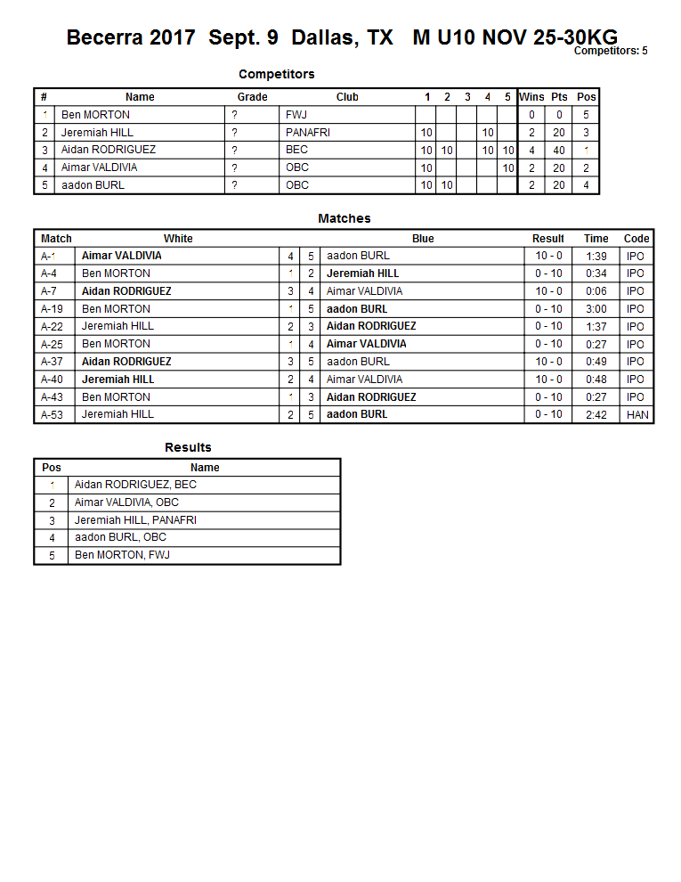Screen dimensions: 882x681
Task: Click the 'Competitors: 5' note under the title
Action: coord(611,51)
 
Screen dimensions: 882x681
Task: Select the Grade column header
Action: coord(252,97)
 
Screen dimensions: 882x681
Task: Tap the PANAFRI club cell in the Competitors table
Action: coord(308,132)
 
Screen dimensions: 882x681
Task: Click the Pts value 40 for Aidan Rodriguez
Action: coord(559,150)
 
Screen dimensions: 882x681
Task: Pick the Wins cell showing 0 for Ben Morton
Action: coord(531,115)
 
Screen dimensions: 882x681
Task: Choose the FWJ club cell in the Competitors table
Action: coord(296,115)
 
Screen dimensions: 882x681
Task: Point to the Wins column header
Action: coord(531,97)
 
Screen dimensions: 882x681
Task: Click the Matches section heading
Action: coord(344,218)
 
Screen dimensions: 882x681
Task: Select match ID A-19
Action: coord(53,309)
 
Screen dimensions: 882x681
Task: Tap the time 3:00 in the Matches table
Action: coord(596,309)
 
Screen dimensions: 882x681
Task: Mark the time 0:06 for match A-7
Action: coord(596,291)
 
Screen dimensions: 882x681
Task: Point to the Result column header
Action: coord(548,239)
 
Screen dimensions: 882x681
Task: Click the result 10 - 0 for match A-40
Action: coord(548,380)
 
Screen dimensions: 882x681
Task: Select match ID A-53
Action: coord(53,414)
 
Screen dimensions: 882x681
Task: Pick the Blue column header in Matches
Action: coord(423,239)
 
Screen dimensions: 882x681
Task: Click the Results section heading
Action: coord(188,447)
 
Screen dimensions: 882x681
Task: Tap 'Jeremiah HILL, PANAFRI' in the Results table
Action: coord(135,520)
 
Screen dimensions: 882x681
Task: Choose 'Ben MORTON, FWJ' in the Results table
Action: coord(122,555)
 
